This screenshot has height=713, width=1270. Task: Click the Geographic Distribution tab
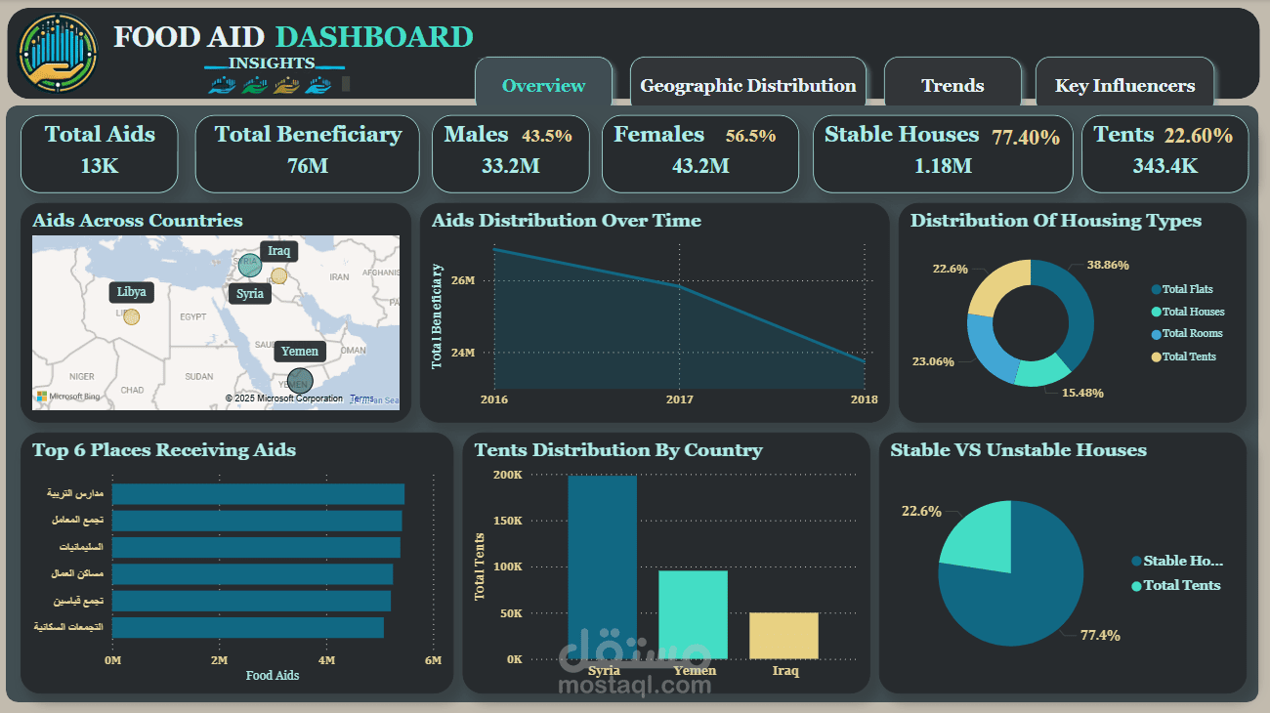click(747, 86)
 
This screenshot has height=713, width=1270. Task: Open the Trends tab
click(952, 86)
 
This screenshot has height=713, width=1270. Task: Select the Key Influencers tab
click(1124, 86)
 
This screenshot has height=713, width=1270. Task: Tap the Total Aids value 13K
click(100, 166)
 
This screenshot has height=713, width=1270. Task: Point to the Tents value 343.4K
click(1164, 166)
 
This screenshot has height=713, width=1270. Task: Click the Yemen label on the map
click(300, 352)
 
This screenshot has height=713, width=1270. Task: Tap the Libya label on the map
click(132, 292)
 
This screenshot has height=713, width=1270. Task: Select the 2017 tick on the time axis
click(679, 399)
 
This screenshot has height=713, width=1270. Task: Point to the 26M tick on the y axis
click(463, 280)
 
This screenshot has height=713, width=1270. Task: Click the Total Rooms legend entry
click(1192, 334)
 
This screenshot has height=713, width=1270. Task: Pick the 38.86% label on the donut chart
click(1108, 265)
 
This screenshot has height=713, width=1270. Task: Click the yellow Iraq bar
click(783, 635)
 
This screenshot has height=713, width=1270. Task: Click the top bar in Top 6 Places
click(258, 494)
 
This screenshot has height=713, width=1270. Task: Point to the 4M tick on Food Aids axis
click(326, 661)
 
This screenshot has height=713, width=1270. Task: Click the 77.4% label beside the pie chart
click(1100, 636)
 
